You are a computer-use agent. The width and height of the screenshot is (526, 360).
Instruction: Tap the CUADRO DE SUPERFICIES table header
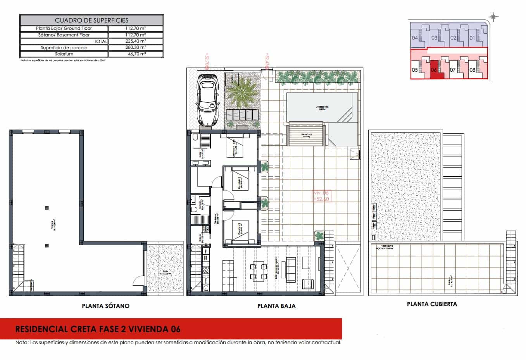coord(91,20)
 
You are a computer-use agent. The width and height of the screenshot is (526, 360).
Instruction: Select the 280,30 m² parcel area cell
coord(136,48)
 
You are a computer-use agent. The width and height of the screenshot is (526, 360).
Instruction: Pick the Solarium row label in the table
coord(64,54)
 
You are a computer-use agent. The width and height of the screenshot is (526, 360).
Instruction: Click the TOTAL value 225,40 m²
coord(136,41)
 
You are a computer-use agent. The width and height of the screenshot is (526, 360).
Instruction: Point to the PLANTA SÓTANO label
coord(105,306)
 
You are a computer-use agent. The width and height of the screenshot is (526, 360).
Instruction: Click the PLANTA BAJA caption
coord(276,306)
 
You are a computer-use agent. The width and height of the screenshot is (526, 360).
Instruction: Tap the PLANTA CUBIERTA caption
coord(432,304)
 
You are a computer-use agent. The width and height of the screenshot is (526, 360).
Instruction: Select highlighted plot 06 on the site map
coord(434,70)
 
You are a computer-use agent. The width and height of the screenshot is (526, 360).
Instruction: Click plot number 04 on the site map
coord(415,38)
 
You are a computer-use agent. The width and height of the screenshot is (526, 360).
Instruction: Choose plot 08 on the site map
coord(472,70)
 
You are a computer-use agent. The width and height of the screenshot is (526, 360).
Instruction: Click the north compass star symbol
coord(493,16)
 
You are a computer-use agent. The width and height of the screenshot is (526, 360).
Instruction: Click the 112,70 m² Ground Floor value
coord(136,28)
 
